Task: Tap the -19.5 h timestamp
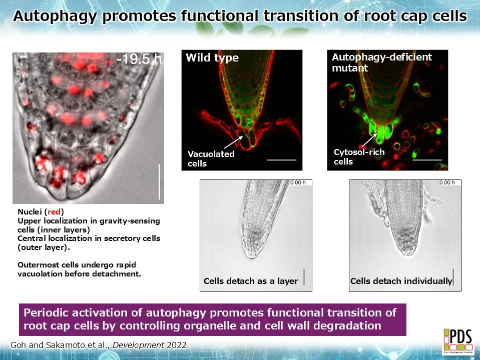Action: point(139,59)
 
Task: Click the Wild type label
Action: point(212,58)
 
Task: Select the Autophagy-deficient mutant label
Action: point(382,62)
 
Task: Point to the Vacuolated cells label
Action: point(211,158)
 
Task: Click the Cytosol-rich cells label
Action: point(359,156)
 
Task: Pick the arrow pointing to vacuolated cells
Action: point(234,142)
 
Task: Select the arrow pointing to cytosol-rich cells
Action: point(369,140)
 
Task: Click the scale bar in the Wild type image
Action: point(282,159)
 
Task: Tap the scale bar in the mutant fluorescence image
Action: point(427,159)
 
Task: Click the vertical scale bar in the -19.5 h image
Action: point(159,181)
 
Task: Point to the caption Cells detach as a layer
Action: point(251,281)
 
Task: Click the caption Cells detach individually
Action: point(401,281)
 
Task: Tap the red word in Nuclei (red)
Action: point(54,211)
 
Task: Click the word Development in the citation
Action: point(138,345)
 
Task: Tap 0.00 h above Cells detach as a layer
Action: point(298,182)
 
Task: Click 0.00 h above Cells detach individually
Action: point(447,182)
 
